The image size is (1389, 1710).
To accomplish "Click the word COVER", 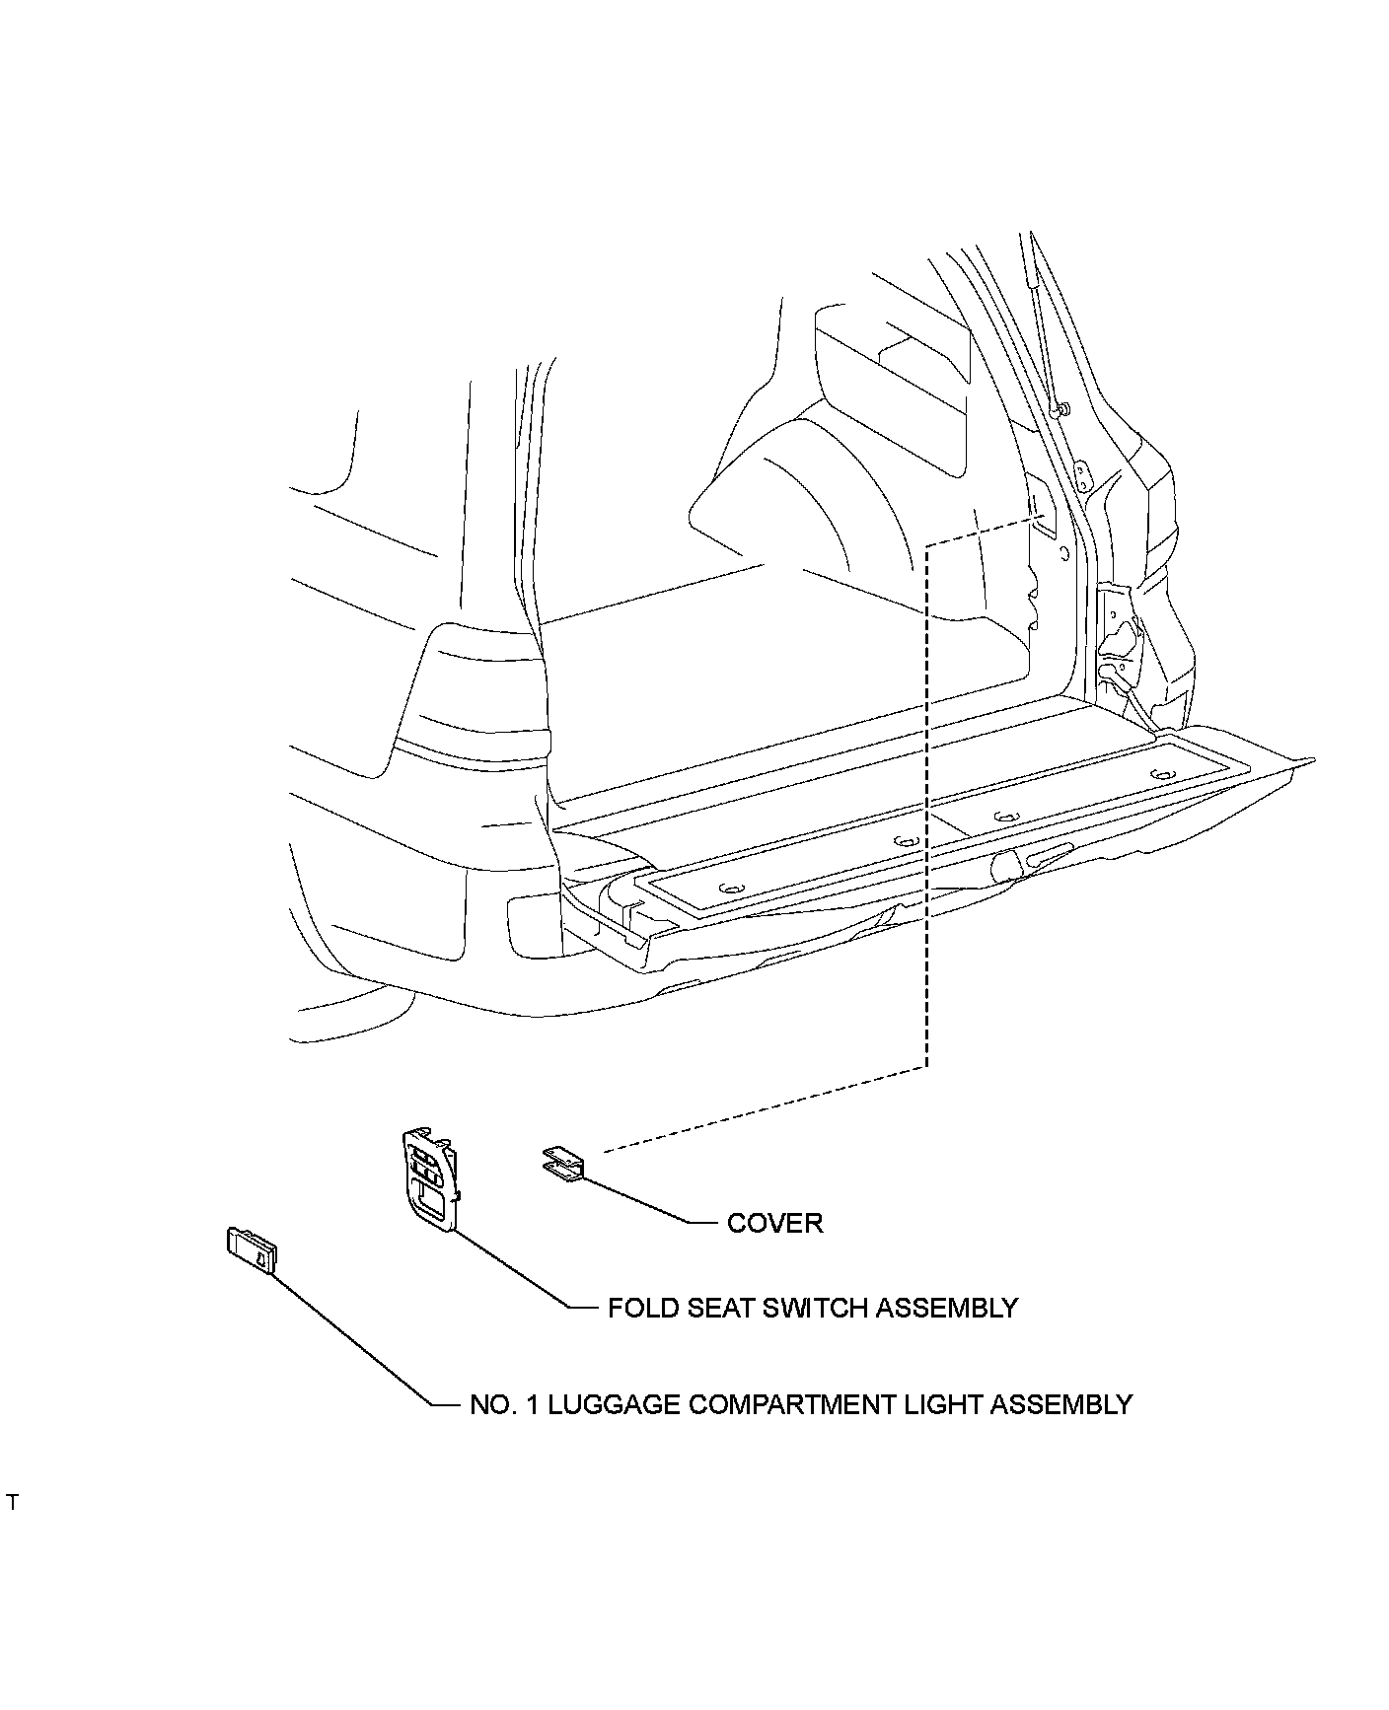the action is [x=774, y=1223].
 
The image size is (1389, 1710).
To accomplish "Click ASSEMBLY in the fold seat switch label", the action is [x=947, y=1308].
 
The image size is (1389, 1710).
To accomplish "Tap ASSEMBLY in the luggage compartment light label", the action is [x=1060, y=1404].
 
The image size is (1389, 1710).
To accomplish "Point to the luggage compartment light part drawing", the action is [x=252, y=1250].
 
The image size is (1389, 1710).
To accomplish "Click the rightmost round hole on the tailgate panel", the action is [x=1164, y=774].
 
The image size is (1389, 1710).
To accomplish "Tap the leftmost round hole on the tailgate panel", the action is [x=729, y=889].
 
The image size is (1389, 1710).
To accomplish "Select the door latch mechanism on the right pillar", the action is [x=1120, y=641].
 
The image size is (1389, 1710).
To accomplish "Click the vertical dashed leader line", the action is [x=927, y=809].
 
